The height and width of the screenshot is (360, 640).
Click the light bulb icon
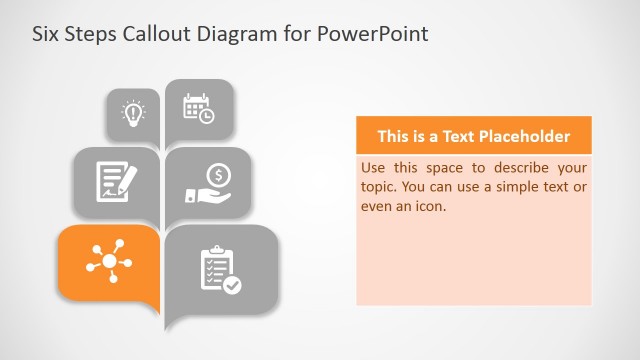tap(132, 113)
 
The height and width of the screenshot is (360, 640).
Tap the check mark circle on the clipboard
tap(232, 285)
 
